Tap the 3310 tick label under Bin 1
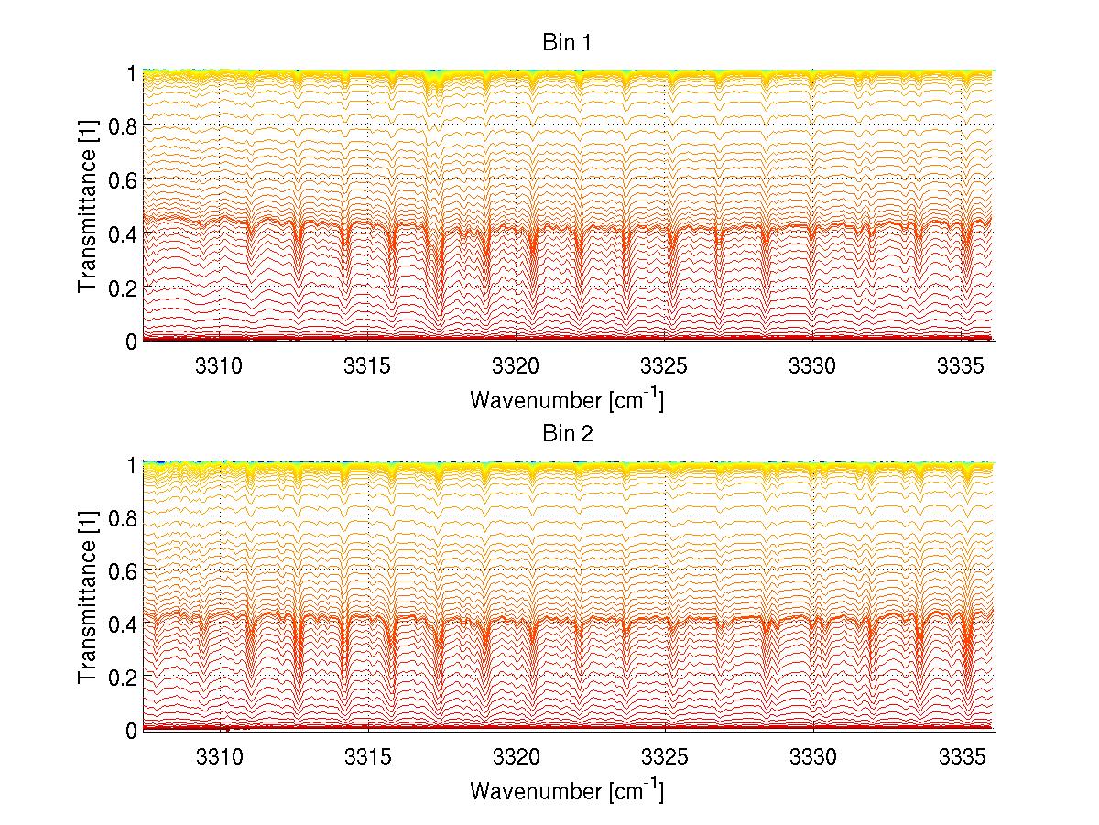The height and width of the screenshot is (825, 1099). point(220,365)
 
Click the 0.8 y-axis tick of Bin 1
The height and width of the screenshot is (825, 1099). point(122,125)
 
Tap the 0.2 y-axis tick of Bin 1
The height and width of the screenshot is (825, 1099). point(122,287)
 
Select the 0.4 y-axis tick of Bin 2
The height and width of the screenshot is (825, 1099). point(122,623)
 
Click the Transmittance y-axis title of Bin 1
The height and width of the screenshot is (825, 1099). point(87,206)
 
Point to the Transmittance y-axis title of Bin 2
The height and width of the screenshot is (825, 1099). point(87,597)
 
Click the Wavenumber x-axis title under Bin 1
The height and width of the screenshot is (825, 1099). point(567,399)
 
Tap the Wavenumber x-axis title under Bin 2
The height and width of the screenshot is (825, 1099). point(567,789)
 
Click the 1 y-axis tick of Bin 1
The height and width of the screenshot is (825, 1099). point(131,71)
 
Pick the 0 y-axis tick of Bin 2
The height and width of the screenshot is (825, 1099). point(131,730)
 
